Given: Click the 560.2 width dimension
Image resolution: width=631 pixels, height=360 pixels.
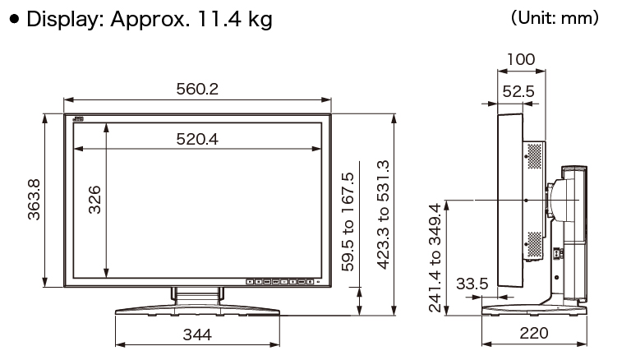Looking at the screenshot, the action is (x=197, y=89).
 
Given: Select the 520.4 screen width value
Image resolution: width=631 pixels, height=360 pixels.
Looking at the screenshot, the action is (x=197, y=140).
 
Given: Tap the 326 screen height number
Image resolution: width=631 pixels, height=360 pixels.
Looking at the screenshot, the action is (x=94, y=200).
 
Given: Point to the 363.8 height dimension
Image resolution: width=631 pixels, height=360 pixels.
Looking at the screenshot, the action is (x=34, y=200).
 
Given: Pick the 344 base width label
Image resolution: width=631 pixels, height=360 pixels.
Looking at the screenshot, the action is (x=197, y=335).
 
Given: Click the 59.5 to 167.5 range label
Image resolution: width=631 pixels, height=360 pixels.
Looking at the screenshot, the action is (x=348, y=222).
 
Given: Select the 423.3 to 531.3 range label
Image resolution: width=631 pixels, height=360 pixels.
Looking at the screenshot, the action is (x=384, y=215).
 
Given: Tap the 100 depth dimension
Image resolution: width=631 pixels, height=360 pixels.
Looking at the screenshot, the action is (x=521, y=60).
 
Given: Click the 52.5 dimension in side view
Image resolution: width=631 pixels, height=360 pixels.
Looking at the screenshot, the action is (x=518, y=91).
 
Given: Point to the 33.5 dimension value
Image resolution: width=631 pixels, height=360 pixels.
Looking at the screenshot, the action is (x=472, y=284).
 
